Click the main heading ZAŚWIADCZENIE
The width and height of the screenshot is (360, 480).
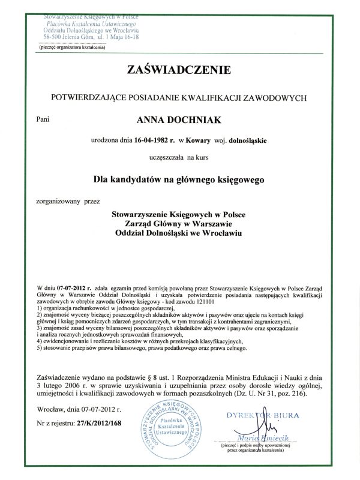[x=179, y=71]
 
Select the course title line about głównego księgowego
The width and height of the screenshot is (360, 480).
[x=179, y=178]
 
